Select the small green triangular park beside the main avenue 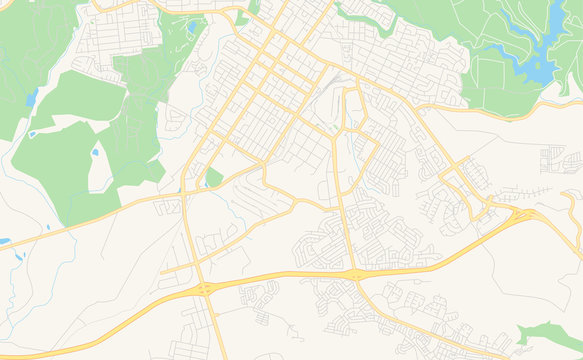point(212,178)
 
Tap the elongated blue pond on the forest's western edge point(33,98)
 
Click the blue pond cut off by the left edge point(4,241)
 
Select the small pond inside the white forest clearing point(96,153)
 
